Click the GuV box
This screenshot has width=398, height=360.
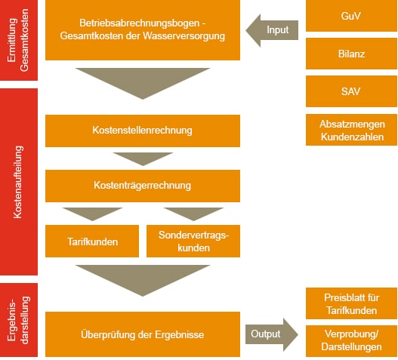point(351,16)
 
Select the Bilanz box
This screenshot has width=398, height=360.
point(351,54)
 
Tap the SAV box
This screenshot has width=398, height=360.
point(351,91)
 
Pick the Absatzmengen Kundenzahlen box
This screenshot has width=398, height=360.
point(351,130)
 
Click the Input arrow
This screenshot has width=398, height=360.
point(272,30)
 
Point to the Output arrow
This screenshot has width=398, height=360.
point(272,334)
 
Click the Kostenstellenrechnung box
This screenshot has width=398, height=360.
point(143,131)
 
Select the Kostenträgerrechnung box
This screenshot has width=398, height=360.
point(143,186)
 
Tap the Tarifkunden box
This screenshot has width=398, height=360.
point(92,241)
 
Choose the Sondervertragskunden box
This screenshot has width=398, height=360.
point(193,241)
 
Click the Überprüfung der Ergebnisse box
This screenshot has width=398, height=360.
point(143,334)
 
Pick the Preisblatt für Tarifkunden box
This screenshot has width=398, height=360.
point(351,303)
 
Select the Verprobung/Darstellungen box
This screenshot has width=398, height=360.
point(351,341)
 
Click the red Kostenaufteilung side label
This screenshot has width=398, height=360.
point(19,182)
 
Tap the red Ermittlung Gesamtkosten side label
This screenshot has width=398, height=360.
point(19,40)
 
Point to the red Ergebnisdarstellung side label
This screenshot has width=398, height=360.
point(19,320)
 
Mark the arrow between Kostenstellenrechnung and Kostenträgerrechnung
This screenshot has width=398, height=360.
point(143,158)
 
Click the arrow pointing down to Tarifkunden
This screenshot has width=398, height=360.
point(92,213)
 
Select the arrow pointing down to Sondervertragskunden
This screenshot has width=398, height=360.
point(193,213)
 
